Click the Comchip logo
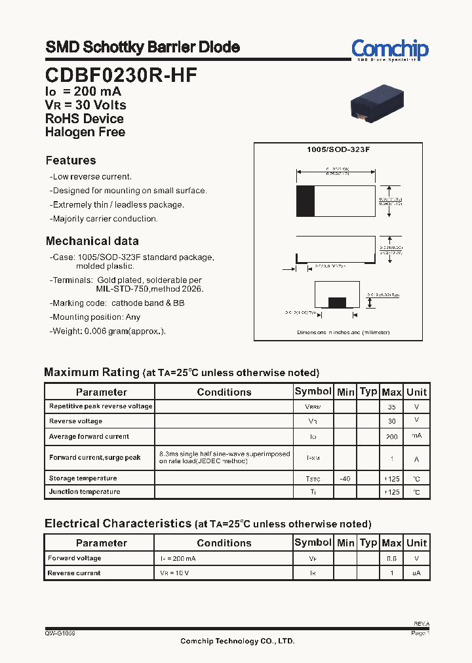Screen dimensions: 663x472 (389, 50)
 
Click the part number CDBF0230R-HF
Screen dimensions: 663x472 (121, 75)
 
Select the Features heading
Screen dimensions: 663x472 (71, 161)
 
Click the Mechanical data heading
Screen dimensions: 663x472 (92, 241)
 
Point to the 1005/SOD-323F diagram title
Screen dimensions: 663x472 (338, 150)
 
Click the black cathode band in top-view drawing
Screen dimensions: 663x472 (305, 201)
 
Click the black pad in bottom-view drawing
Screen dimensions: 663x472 (337, 302)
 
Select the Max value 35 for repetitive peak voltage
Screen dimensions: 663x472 (391, 407)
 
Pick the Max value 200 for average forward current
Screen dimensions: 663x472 (391, 436)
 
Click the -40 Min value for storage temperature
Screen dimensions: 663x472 (345, 479)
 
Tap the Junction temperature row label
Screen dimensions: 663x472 (85, 491)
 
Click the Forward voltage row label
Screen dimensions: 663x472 (75, 558)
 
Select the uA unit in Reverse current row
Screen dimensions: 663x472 (416, 573)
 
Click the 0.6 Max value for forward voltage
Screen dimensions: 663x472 (391, 559)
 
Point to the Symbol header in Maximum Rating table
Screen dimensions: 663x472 (313, 391)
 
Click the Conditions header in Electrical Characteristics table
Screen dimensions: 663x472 (224, 543)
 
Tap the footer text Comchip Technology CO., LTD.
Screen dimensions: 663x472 (237, 641)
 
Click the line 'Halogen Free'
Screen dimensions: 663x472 (85, 132)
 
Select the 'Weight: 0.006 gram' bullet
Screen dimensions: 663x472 (108, 331)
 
